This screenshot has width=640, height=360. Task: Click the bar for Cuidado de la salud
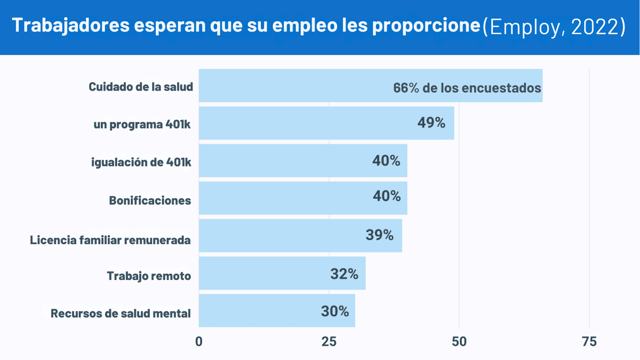(x=293, y=86)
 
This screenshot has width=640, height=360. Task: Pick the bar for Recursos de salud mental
(x=256, y=311)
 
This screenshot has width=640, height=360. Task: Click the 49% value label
(x=431, y=123)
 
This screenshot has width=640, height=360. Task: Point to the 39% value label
(x=380, y=235)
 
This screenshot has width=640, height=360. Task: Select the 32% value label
(x=344, y=274)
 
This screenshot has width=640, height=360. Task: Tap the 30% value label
(x=335, y=311)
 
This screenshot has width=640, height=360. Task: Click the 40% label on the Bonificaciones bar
(x=387, y=196)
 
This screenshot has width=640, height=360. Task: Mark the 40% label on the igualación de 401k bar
(x=387, y=160)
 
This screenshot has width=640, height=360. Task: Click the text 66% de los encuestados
(x=467, y=88)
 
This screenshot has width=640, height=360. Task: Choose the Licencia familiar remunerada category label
(x=110, y=240)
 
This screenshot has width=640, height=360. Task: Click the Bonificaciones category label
(x=150, y=201)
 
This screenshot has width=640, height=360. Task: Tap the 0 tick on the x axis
(x=199, y=342)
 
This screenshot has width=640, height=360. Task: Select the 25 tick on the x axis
(x=329, y=342)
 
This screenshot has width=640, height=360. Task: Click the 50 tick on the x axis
(x=459, y=342)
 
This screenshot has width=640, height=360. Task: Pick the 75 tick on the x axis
(x=589, y=342)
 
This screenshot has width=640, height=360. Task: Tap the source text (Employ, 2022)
(x=554, y=27)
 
